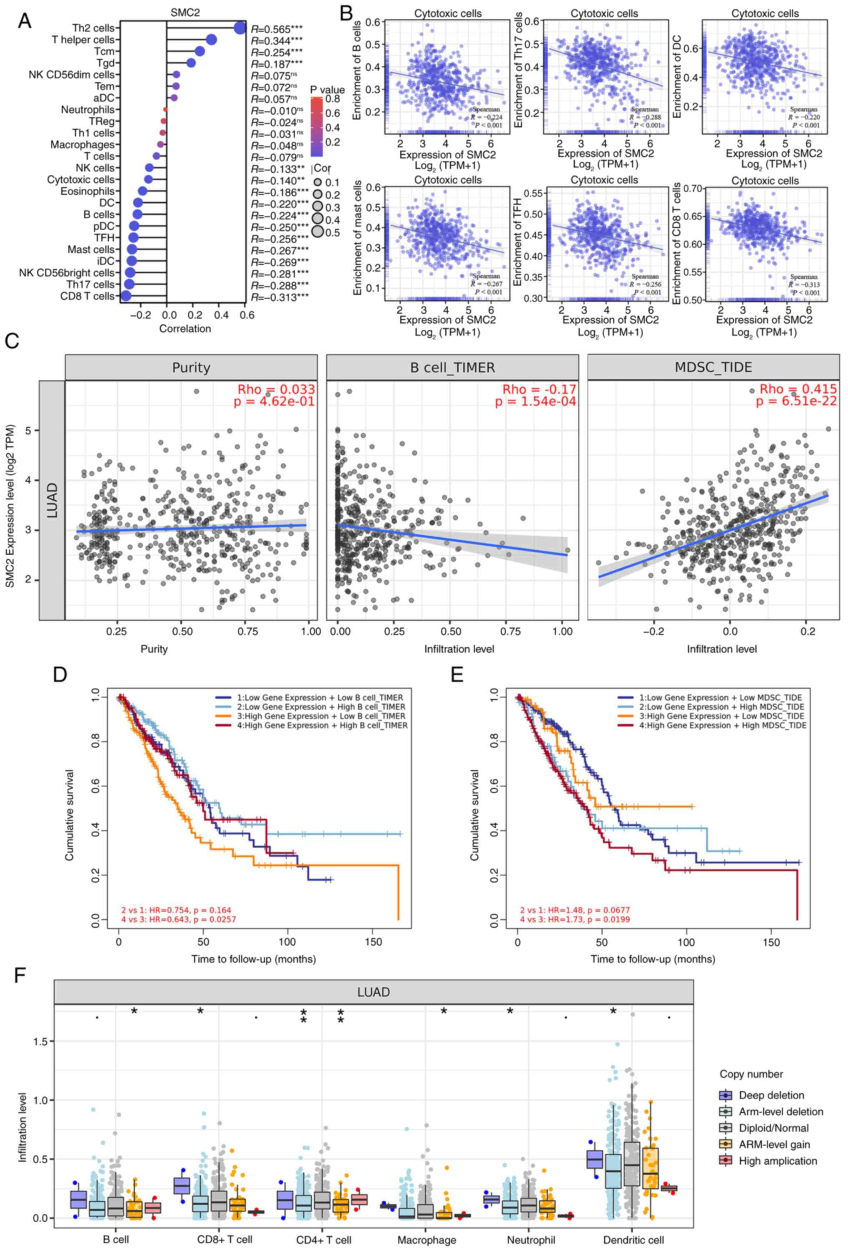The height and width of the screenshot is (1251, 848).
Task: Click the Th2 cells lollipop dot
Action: (240, 28)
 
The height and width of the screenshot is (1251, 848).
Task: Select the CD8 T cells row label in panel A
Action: (87, 296)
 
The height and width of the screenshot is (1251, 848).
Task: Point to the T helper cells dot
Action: (211, 39)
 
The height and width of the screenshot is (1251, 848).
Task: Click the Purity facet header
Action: (191, 367)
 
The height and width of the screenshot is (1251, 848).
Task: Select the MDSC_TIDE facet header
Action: (713, 367)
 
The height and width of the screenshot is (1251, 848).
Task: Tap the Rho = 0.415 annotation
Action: (798, 389)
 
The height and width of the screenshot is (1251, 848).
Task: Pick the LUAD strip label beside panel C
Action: (52, 501)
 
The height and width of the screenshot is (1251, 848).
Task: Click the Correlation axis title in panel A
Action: (185, 328)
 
